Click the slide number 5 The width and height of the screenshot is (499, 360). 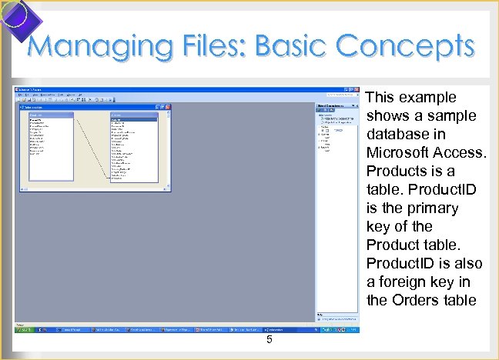pyautogui.click(x=270, y=341)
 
